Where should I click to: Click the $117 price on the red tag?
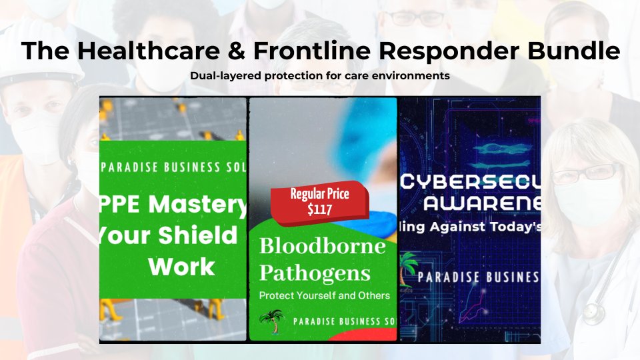(x=319, y=209)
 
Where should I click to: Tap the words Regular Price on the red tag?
(x=319, y=195)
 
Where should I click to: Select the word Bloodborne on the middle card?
(x=323, y=246)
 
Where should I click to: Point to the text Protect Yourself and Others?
(x=324, y=295)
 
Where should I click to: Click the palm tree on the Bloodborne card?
(x=271, y=323)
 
